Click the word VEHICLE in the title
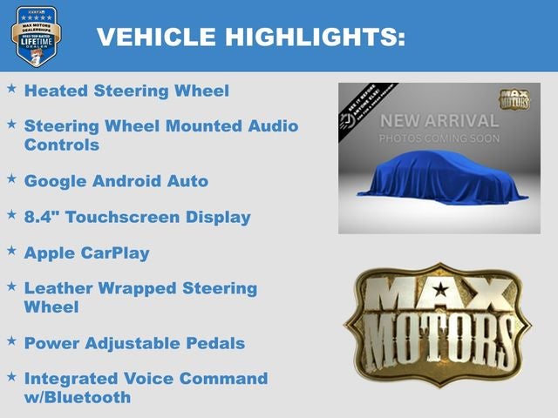[x=155, y=37]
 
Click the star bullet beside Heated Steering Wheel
[x=11, y=89]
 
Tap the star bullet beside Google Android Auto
[x=11, y=179]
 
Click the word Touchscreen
[x=129, y=217]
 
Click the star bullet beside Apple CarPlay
[x=11, y=251]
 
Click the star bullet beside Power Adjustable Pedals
[x=11, y=340]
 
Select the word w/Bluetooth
[x=78, y=397]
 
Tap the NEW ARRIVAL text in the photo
[x=439, y=120]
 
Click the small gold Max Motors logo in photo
[x=514, y=98]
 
